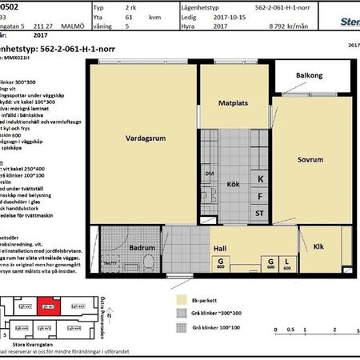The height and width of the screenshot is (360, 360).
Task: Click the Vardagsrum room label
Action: (x=145, y=137)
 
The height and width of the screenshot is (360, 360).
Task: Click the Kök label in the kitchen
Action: (x=234, y=184)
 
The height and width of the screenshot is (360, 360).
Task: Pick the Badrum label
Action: (x=142, y=248)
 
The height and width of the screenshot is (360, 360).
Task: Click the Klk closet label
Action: (x=318, y=246)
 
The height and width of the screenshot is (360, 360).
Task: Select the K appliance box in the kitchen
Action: (x=260, y=178)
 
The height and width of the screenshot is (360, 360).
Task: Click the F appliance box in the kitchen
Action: (x=260, y=196)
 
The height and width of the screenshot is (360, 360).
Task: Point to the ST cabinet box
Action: (x=260, y=214)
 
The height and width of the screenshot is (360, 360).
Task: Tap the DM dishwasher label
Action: (x=210, y=174)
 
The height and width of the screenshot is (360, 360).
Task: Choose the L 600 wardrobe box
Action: (x=287, y=265)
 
